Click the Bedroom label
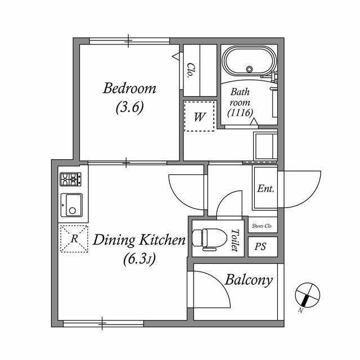click(x=129, y=88)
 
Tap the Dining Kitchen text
click(x=139, y=240)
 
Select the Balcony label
click(x=249, y=280)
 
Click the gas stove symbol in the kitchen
click(x=70, y=179)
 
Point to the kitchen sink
click(x=71, y=205)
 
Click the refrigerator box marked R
click(x=74, y=239)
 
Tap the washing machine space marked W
click(x=199, y=116)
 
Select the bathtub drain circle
click(x=249, y=69)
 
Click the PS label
click(x=260, y=246)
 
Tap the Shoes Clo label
click(x=262, y=226)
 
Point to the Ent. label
click(x=265, y=188)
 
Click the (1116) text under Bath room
click(x=240, y=112)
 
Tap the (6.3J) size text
click(x=139, y=259)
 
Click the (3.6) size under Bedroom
click(x=130, y=107)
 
